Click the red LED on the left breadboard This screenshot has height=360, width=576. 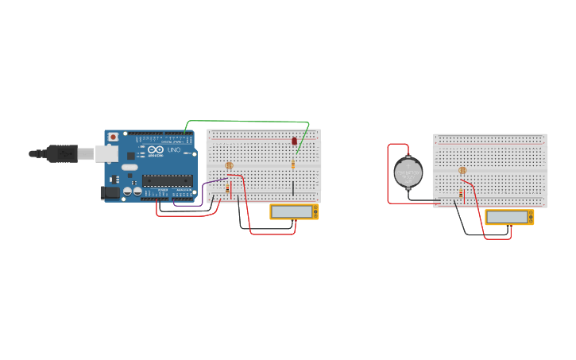click(x=294, y=141)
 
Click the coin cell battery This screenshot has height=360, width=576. click(x=408, y=172)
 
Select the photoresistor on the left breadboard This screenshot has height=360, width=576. click(x=229, y=166)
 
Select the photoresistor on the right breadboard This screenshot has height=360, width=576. click(x=462, y=170)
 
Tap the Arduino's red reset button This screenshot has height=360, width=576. click(x=113, y=137)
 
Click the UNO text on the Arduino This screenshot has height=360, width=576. click(x=174, y=150)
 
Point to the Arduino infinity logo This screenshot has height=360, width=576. click(x=155, y=149)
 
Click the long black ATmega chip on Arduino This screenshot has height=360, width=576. click(x=168, y=181)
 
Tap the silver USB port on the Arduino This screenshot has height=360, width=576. click(x=106, y=153)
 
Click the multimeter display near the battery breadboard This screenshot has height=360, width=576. click(x=507, y=217)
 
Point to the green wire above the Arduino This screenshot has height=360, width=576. click(x=246, y=122)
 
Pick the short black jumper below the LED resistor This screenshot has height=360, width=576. click(x=292, y=188)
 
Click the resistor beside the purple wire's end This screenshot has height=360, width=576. click(x=227, y=189)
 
